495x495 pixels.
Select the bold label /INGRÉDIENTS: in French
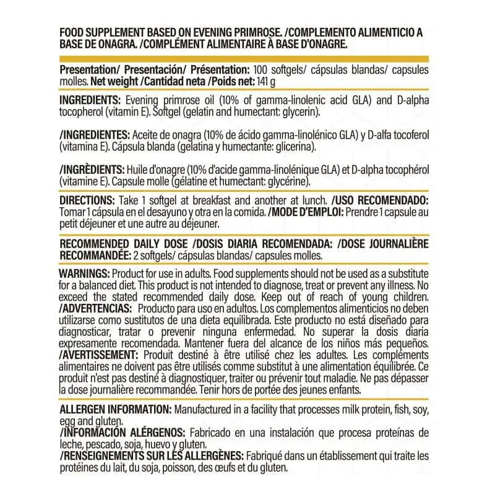point(91,170)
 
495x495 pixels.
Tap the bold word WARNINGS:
point(84,274)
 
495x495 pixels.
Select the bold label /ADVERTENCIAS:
point(95,308)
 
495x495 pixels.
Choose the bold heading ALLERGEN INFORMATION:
point(116,411)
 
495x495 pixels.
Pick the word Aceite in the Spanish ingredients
point(145,136)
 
